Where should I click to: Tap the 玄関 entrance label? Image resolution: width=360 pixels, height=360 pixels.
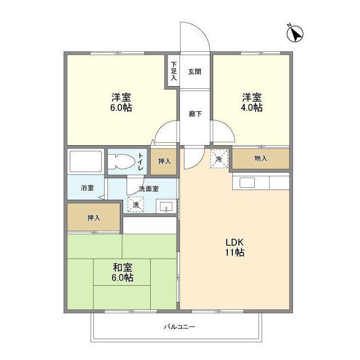195,71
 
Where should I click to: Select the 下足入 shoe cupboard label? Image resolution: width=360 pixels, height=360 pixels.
174,70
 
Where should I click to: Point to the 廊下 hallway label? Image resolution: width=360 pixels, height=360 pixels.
195,112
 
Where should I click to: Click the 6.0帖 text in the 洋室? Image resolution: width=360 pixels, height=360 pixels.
121,107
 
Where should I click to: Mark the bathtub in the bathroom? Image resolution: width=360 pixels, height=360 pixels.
85,161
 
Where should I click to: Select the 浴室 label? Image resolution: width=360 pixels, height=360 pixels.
87,188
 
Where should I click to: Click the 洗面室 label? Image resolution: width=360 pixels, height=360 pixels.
149,188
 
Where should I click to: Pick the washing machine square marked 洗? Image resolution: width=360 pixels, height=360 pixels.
135,205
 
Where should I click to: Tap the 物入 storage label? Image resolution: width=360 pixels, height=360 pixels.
260,159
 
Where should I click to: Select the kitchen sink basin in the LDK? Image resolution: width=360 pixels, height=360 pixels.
247,182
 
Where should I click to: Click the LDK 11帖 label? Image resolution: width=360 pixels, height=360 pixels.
235,247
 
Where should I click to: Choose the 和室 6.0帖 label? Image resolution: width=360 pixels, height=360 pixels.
121,273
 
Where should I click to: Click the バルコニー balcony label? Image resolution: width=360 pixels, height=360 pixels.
179,326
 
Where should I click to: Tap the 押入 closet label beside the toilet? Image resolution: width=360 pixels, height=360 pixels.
164,161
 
